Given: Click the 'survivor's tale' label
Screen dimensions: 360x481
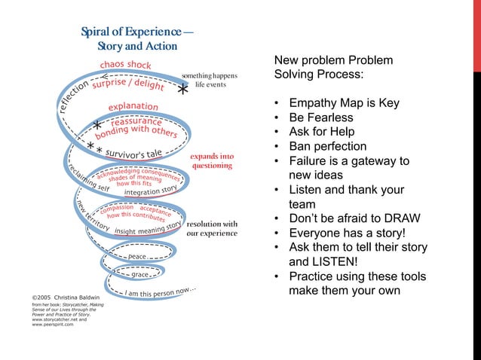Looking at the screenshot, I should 133,154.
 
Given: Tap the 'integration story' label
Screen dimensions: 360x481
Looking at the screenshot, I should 151,191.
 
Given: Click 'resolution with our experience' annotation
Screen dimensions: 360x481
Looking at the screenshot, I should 212,228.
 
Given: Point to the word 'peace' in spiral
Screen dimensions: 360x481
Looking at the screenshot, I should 136,257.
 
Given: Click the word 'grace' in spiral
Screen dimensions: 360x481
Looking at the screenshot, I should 139,275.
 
